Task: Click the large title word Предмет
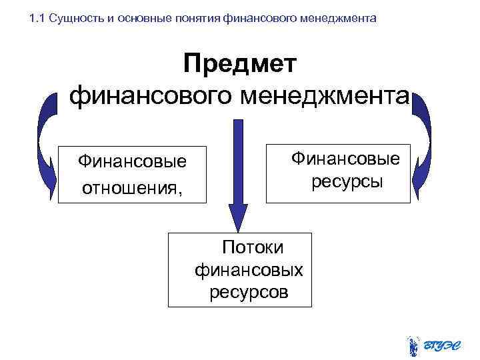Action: click(240, 65)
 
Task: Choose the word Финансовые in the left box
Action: click(132, 161)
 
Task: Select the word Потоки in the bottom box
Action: click(253, 247)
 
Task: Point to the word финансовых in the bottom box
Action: click(249, 270)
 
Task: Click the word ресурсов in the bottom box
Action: click(249, 292)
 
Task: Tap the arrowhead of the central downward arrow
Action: click(237, 217)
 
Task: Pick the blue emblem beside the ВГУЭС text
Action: click(413, 342)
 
